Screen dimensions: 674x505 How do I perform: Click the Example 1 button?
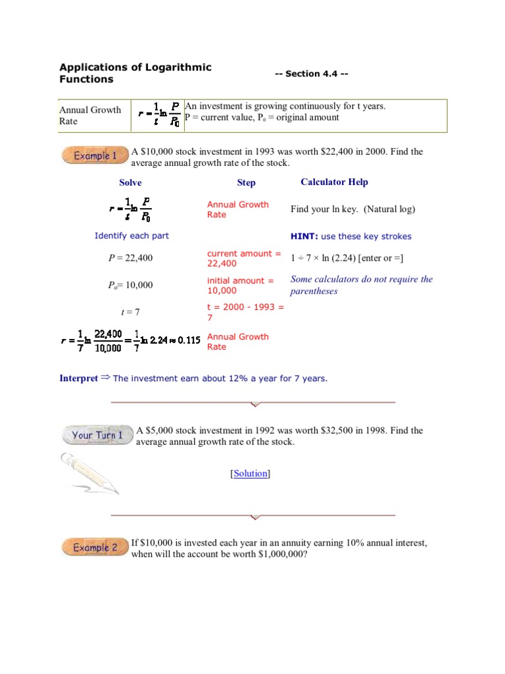(95, 156)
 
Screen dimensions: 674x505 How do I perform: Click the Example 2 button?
(95, 548)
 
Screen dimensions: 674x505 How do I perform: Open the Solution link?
(250, 473)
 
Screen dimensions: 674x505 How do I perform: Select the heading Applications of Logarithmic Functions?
(135, 73)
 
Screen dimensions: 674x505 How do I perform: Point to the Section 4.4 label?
(311, 74)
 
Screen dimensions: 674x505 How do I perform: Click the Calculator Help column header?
(334, 182)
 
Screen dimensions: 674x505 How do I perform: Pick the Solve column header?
(130, 183)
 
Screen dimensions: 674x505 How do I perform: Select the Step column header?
(246, 183)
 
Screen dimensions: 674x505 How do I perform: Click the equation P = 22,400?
(130, 258)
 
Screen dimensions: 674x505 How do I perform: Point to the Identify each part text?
(132, 236)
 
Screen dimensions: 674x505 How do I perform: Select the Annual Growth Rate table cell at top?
(90, 115)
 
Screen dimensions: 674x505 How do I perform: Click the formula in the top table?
(158, 116)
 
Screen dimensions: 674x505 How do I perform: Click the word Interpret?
(78, 378)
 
